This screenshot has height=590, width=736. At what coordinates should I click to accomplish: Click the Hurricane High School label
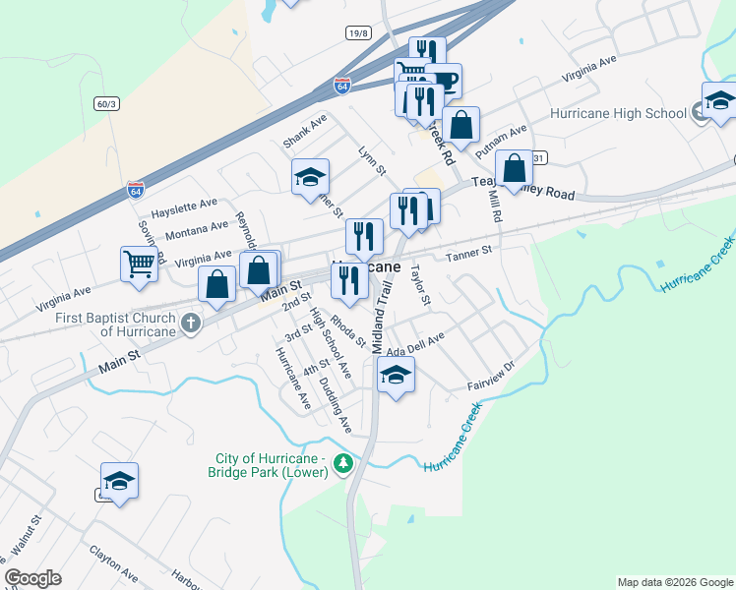coord(618,113)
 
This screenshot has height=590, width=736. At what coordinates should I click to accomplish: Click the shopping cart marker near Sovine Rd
coord(139,263)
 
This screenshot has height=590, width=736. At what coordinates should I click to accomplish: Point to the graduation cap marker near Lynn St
coord(311,177)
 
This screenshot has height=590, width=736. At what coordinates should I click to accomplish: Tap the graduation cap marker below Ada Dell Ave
coord(396,375)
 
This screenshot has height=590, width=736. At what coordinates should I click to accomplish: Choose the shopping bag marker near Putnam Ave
coord(460,126)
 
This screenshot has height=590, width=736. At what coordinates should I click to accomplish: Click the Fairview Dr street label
coord(493,371)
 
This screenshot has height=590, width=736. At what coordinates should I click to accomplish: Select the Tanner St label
coord(468,255)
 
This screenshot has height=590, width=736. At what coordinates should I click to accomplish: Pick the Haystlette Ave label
coord(183,207)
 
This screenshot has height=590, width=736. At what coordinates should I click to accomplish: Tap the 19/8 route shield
coord(359,33)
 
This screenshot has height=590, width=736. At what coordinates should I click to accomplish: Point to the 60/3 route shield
coord(106,103)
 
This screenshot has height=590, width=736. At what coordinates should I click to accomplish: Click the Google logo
coord(32,578)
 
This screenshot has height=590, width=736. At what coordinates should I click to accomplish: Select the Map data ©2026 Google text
coord(674,582)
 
